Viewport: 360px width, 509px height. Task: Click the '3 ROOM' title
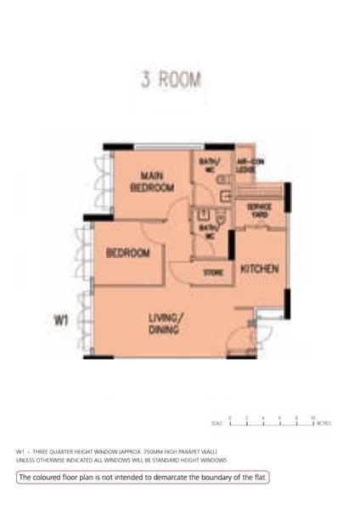171,81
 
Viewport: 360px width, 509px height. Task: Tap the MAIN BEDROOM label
152,183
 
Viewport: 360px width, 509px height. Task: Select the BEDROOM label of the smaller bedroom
128,253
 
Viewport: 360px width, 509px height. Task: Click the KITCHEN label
260,269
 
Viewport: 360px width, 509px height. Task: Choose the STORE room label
212,272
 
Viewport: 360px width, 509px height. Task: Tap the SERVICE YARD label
259,209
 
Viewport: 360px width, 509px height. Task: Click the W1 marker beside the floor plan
61,321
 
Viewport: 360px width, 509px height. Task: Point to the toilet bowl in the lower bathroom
218,217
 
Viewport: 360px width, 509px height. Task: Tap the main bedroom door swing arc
180,214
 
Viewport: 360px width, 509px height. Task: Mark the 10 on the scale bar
312,417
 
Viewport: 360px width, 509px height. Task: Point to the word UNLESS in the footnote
26,460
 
